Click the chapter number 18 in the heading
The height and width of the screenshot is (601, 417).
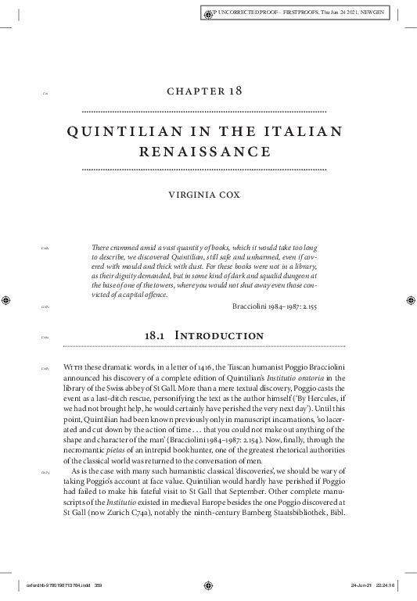pos(233,91)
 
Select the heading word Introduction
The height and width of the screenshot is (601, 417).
pos(224,336)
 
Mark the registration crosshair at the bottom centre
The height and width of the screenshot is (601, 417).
pos(207,585)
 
